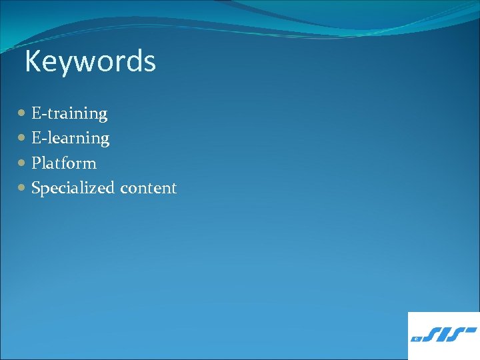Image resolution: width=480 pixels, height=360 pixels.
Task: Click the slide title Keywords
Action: pyautogui.click(x=90, y=62)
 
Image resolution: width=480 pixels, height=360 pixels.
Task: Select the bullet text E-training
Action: pyautogui.click(x=69, y=114)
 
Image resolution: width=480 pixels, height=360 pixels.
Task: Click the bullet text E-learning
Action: pyautogui.click(x=71, y=139)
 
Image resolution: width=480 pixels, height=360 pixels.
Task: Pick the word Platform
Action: pyautogui.click(x=64, y=163)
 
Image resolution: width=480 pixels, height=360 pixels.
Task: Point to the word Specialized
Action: pyautogui.click(x=73, y=189)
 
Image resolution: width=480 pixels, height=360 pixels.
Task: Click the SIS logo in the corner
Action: pyautogui.click(x=443, y=335)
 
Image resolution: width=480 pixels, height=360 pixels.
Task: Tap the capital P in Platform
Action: pyautogui.click(x=36, y=163)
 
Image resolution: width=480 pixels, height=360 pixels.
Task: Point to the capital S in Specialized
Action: pyautogui.click(x=36, y=188)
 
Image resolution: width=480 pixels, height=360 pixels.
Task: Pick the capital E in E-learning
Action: pyautogui.click(x=36, y=138)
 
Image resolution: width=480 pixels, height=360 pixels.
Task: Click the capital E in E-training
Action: pyautogui.click(x=36, y=113)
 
